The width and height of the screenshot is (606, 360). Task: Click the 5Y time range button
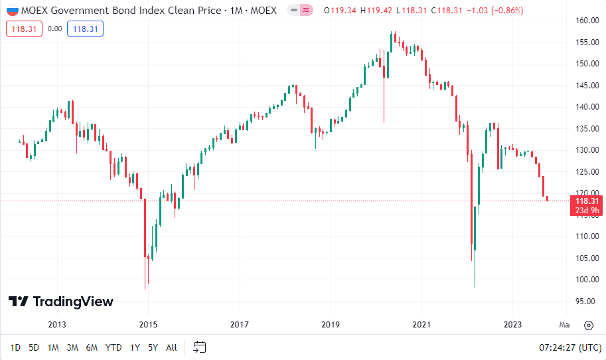[153, 347]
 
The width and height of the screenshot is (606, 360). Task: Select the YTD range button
[114, 347]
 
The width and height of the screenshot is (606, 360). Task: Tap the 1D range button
[15, 347]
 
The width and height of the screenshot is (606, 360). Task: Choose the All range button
[171, 347]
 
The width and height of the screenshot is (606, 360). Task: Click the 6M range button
[92, 347]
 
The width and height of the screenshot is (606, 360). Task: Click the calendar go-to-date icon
[200, 347]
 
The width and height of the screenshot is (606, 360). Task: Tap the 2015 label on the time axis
[148, 325]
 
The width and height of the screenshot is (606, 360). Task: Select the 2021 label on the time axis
[421, 325]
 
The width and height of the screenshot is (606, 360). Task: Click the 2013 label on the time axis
[57, 325]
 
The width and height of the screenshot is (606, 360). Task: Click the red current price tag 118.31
[587, 201]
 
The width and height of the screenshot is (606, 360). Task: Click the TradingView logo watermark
[61, 302]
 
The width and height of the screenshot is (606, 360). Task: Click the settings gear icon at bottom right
[588, 325]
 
